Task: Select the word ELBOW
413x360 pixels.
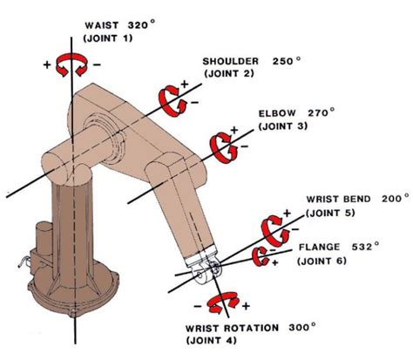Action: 276,114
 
